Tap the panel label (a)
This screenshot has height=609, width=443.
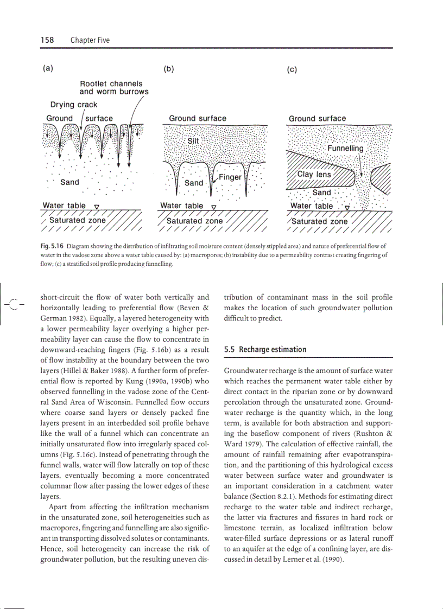click(x=48, y=68)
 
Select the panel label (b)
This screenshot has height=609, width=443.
click(x=169, y=69)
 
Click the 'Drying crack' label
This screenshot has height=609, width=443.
click(x=74, y=105)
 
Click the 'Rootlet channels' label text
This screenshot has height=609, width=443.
click(x=111, y=84)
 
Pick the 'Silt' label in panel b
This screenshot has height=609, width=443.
click(x=193, y=140)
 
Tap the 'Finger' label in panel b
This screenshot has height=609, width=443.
click(x=230, y=177)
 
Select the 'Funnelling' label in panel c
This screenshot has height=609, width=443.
click(x=345, y=148)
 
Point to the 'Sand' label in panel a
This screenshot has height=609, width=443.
click(x=69, y=182)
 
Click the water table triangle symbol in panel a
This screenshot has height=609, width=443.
click(x=96, y=207)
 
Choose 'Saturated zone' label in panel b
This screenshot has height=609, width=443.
click(x=194, y=221)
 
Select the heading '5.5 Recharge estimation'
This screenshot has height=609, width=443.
click(x=265, y=349)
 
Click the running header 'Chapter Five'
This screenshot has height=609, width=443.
click(x=90, y=40)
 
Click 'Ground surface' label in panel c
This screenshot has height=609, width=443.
click(x=317, y=118)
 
